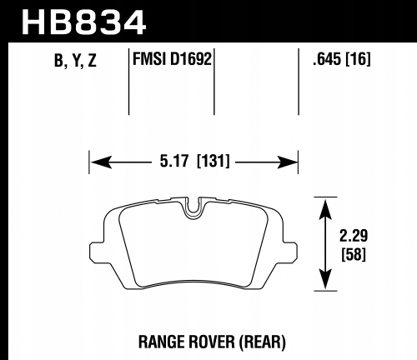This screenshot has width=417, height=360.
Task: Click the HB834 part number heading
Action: click(x=83, y=22)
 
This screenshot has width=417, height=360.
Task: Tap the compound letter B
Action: click(x=59, y=61)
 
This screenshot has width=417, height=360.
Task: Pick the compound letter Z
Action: click(x=92, y=61)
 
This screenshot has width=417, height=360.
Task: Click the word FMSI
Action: click(x=149, y=58)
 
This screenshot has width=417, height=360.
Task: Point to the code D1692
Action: click(x=191, y=58)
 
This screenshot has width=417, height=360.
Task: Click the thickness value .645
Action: click(x=327, y=58)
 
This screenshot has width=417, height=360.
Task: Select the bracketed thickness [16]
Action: click(x=359, y=59)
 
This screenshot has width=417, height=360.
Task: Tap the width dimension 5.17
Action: click(x=174, y=161)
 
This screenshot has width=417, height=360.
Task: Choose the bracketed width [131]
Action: click(x=214, y=161)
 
